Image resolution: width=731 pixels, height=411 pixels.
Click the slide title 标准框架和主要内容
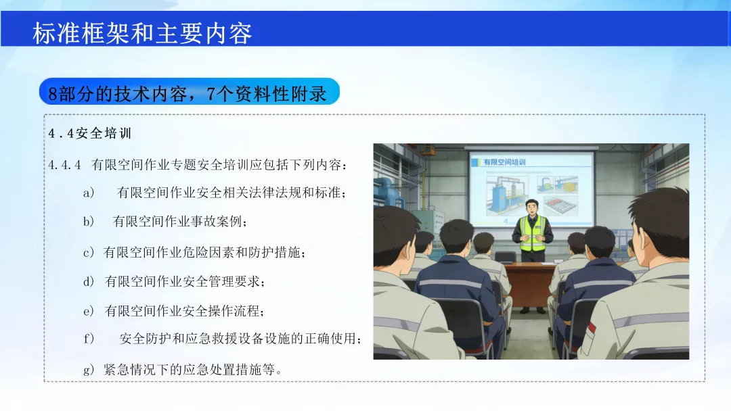point(142,33)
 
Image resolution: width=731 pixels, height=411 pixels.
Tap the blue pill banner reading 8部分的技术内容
point(190,92)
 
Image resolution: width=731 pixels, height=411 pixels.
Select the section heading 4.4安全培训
point(90,134)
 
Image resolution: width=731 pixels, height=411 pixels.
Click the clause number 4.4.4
point(64,165)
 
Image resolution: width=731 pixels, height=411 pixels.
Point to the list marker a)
point(89,193)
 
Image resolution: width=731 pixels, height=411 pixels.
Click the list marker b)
point(89,222)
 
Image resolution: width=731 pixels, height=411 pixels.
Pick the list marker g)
point(89,370)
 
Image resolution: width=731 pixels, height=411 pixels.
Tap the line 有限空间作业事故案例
point(180,222)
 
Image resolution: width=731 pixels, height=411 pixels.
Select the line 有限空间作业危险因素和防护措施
point(204,252)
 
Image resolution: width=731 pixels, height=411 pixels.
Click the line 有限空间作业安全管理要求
point(185,282)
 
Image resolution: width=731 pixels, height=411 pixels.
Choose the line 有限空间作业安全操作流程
point(185,311)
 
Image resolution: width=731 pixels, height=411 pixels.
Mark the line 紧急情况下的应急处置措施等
point(192,370)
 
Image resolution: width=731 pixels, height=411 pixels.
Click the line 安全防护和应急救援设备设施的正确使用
point(240,339)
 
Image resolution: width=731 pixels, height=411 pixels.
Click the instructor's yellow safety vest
point(533,233)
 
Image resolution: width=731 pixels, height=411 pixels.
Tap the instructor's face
point(532,208)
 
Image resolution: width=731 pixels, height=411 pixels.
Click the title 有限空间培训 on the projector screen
point(504,162)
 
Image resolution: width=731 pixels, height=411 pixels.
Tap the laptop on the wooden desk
point(505,257)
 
